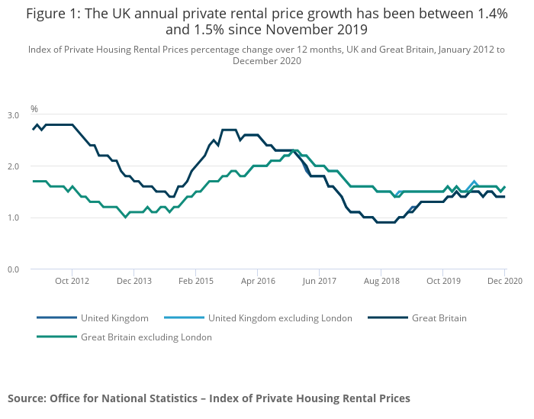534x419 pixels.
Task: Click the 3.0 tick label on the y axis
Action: pyautogui.click(x=14, y=115)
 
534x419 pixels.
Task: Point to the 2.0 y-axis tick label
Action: pyautogui.click(x=14, y=166)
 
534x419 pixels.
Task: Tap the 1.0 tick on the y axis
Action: pyautogui.click(x=14, y=218)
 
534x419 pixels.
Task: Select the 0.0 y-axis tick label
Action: pyautogui.click(x=14, y=269)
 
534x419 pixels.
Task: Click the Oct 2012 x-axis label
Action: pyautogui.click(x=72, y=282)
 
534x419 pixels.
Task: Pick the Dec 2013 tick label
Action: pyautogui.click(x=133, y=282)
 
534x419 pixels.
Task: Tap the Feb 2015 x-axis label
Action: pyautogui.click(x=195, y=282)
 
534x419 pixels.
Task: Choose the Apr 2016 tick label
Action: pyautogui.click(x=257, y=282)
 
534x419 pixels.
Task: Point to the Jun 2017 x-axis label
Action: pyautogui.click(x=319, y=282)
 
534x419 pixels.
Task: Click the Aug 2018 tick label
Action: pyautogui.click(x=381, y=282)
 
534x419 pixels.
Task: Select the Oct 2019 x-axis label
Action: pyautogui.click(x=442, y=282)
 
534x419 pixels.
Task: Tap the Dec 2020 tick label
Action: pyautogui.click(x=504, y=282)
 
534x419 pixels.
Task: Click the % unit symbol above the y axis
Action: pyautogui.click(x=34, y=109)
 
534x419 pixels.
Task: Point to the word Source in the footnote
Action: pyautogui.click(x=26, y=398)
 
